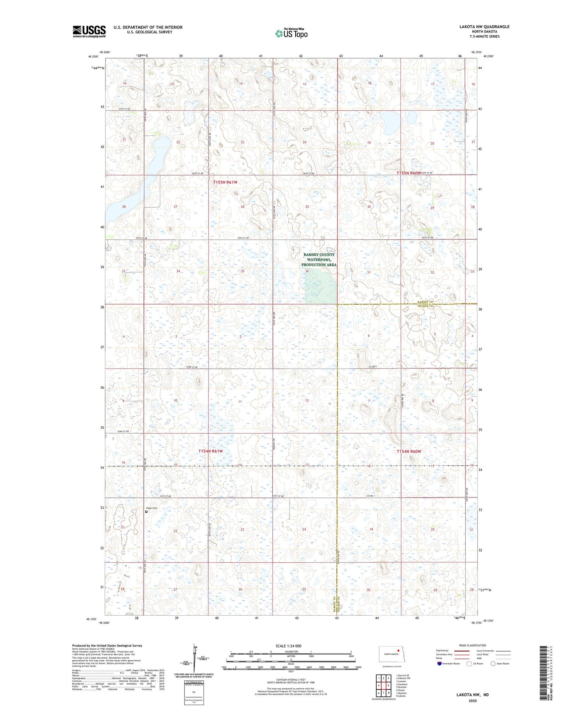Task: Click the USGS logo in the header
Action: coord(89,31)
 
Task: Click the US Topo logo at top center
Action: coord(291,34)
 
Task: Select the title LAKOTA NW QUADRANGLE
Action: coord(484,27)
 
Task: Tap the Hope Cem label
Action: coord(151,508)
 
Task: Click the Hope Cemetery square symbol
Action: coord(146,512)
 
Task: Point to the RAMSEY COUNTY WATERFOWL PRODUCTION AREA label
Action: coord(319,259)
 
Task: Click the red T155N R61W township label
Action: coord(225,182)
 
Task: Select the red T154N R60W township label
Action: coord(409,451)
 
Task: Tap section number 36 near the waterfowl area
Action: coord(307,271)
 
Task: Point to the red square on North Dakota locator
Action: coord(398,651)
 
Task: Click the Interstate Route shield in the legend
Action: coord(439,663)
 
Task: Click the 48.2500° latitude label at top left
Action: coord(93,56)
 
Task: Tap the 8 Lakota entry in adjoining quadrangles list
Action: coord(401,696)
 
